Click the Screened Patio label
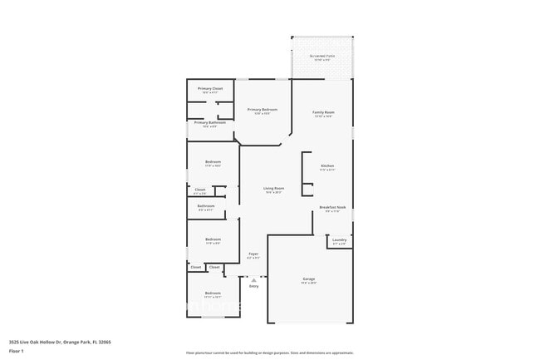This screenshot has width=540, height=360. [321, 57]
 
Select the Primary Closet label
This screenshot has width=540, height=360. [210, 88]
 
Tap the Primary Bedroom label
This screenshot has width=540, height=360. [263, 110]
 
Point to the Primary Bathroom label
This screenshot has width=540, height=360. [210, 122]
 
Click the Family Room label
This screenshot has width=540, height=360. [323, 112]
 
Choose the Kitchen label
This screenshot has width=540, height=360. [326, 165]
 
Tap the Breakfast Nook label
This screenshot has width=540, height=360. [332, 207]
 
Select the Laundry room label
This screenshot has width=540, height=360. [339, 239]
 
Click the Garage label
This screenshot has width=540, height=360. [308, 279]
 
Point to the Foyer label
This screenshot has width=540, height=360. [253, 254]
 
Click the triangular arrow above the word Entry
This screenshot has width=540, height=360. [253, 279]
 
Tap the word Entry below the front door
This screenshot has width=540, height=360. [253, 286]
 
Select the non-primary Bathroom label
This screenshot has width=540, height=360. [206, 205]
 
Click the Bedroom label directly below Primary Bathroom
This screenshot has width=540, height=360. [213, 162]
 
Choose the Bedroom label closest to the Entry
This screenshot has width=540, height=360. [213, 293]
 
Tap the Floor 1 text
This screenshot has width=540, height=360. [17, 351]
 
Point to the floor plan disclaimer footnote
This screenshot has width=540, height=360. [270, 353]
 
